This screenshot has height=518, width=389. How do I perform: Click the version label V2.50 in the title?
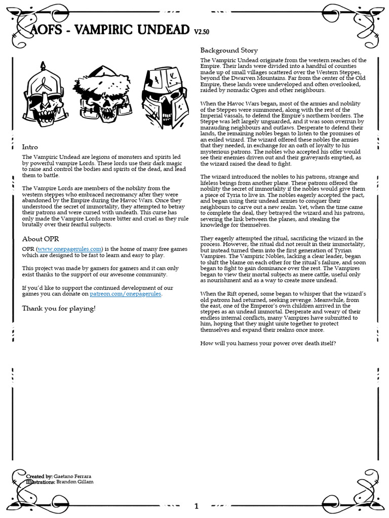(202, 32)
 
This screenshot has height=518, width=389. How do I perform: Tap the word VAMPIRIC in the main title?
(105, 30)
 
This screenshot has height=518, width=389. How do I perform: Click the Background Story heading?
(229, 50)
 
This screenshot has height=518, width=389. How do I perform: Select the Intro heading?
(30, 147)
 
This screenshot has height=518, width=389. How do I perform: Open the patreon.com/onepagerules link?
(126, 294)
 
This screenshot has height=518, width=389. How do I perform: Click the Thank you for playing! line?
(58, 308)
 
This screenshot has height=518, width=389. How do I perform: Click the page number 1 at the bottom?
(197, 506)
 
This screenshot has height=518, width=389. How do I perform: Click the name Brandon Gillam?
(78, 482)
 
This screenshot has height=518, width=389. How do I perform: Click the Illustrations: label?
(41, 482)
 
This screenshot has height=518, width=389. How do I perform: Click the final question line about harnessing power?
(268, 344)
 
